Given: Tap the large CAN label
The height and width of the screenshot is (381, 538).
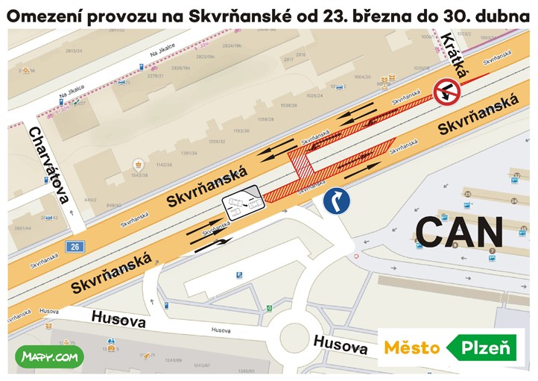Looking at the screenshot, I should point(459,233).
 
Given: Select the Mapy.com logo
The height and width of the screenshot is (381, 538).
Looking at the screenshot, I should point(50,358).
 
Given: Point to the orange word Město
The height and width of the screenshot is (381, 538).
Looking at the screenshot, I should point(411,347).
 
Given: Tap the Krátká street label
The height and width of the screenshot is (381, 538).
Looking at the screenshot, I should point(455,55).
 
